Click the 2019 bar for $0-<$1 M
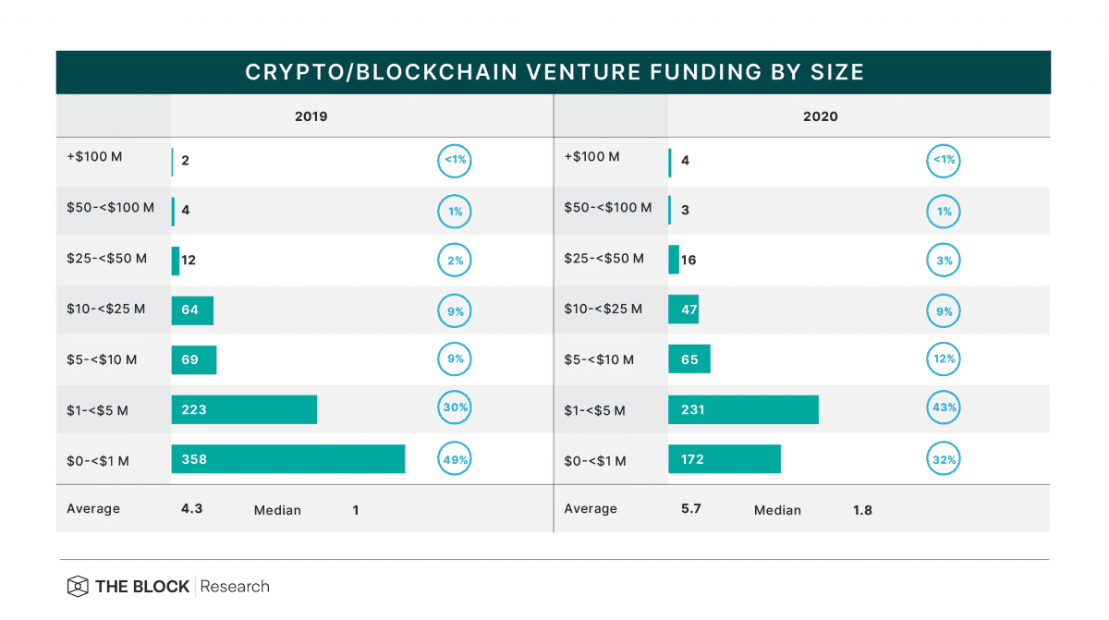pyautogui.click(x=287, y=459)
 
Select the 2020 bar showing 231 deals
pyautogui.click(x=743, y=409)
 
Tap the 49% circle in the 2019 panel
pyautogui.click(x=455, y=459)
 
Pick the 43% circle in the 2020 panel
pyautogui.click(x=944, y=409)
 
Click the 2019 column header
pyautogui.click(x=311, y=117)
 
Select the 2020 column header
pyautogui.click(x=821, y=117)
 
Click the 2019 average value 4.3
pyautogui.click(x=192, y=508)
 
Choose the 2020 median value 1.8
pyautogui.click(x=863, y=510)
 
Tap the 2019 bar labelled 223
pyautogui.click(x=244, y=409)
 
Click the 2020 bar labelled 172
pyautogui.click(x=724, y=459)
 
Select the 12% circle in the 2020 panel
pyautogui.click(x=944, y=359)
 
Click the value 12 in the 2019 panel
pyautogui.click(x=189, y=261)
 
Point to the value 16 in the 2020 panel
pyautogui.click(x=689, y=261)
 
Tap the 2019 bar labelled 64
pyautogui.click(x=192, y=310)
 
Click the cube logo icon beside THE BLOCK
pyautogui.click(x=78, y=587)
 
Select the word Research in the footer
pyautogui.click(x=235, y=587)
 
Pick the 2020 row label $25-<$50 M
pyautogui.click(x=603, y=259)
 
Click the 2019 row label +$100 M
pyautogui.click(x=96, y=157)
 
